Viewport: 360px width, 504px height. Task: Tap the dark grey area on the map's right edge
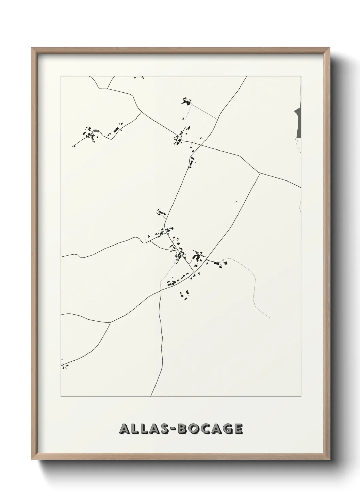tap(298, 123)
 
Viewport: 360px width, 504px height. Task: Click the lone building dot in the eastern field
tap(236, 202)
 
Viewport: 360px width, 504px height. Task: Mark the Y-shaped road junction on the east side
tap(260, 173)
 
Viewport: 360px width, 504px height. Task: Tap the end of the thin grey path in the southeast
tap(270, 318)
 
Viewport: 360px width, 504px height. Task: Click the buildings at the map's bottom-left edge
tap(64, 366)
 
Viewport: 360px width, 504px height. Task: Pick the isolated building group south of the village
tap(184, 295)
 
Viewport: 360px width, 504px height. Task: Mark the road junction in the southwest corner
tap(110, 322)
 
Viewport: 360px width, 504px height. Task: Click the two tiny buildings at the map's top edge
tap(139, 78)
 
